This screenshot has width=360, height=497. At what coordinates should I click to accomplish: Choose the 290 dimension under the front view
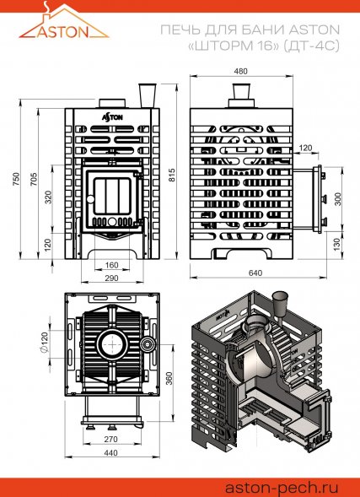click(111, 278)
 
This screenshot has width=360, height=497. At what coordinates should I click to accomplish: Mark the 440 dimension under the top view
click(110, 452)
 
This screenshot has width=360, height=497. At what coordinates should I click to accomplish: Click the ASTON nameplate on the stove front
click(111, 116)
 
